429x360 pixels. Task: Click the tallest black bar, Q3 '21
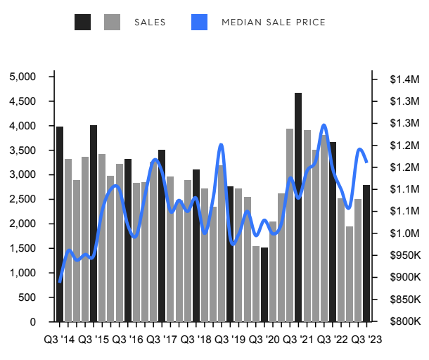click(x=298, y=207)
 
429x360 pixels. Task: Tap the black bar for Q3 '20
click(x=264, y=284)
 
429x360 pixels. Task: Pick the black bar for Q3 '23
click(x=366, y=253)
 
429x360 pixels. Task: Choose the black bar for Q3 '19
click(x=230, y=253)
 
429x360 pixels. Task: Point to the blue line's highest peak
click(x=324, y=126)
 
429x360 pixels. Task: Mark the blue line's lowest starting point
click(x=60, y=281)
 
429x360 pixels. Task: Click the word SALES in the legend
click(x=150, y=22)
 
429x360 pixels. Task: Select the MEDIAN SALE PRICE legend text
click(x=274, y=22)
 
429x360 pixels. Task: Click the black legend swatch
click(x=83, y=22)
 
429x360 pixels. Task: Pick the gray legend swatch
click(x=113, y=22)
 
